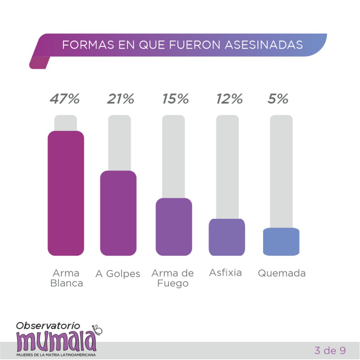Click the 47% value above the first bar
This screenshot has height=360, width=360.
point(65,99)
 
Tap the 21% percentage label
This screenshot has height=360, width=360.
point(120,99)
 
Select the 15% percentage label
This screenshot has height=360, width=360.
point(175,99)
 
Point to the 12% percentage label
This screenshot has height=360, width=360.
point(229,99)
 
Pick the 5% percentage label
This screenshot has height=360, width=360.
point(278,99)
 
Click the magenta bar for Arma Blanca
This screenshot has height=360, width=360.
point(66,193)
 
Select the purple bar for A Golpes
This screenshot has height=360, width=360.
point(118,213)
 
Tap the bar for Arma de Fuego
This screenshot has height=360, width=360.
point(174,227)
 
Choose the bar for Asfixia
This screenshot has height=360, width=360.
point(227,237)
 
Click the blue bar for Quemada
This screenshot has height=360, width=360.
point(281,242)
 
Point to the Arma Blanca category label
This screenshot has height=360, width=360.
point(66,278)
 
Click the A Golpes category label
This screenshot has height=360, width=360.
point(118,274)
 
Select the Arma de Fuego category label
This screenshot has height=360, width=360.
point(173,278)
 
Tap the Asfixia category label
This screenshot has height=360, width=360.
point(225,272)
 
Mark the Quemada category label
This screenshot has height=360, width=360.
point(282,273)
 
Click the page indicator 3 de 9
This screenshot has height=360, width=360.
point(330,350)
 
